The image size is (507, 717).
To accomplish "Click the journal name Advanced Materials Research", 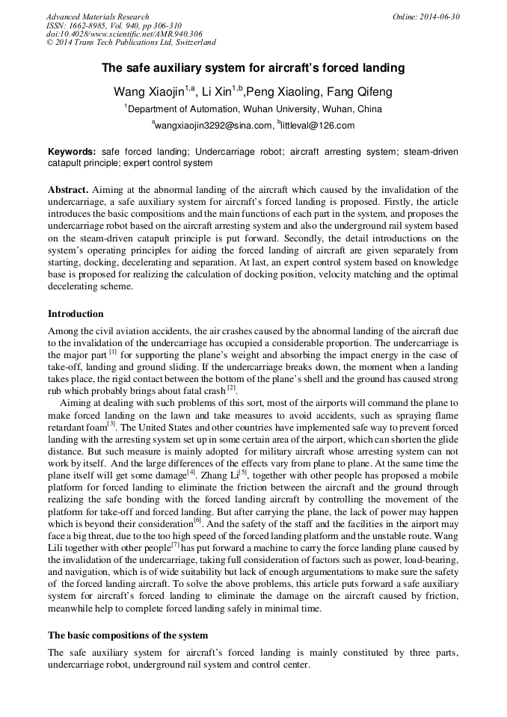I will [97, 16].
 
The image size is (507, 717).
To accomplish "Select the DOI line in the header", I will [124, 34].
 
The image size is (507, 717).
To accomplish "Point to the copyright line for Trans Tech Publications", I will [131, 43].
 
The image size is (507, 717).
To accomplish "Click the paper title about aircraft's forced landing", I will [253, 68].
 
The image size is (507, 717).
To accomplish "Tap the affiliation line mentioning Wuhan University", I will [253, 109].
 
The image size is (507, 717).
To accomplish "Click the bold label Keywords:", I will [72, 152].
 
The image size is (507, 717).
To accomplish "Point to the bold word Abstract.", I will [68, 190].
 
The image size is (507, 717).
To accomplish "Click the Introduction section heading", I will [76, 313].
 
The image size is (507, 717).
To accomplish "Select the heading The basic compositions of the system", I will [128, 635].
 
